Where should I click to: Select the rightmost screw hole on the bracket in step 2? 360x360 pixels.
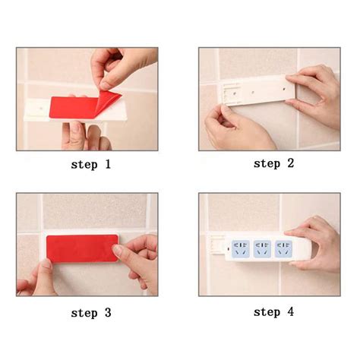tap(286, 88)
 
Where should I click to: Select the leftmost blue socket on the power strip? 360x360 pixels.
tap(241, 248)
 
